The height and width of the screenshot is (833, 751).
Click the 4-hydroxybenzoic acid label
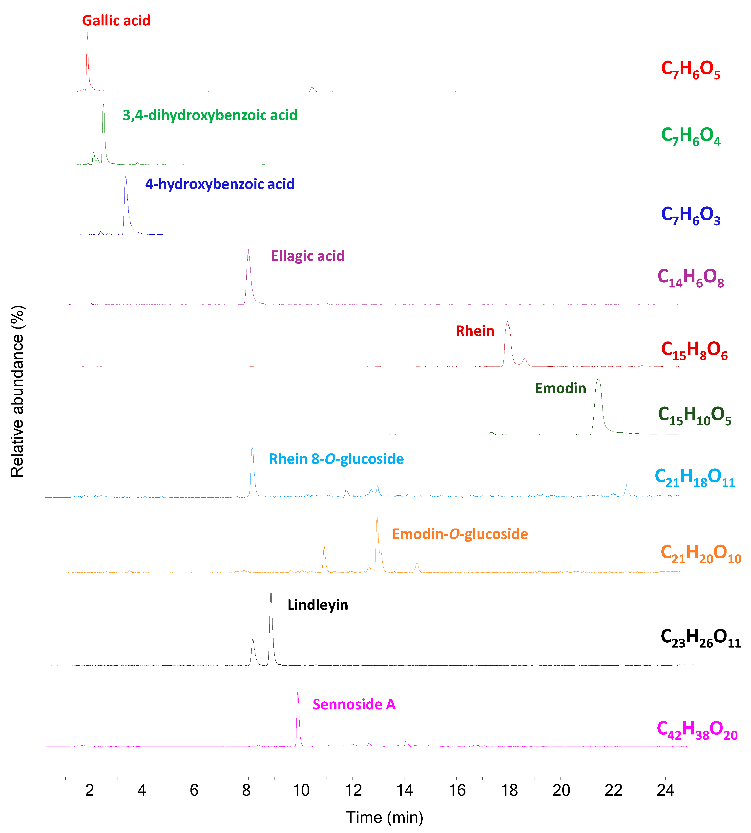tap(220, 184)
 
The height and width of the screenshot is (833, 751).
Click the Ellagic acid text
tap(307, 256)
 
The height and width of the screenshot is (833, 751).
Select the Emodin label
tap(560, 388)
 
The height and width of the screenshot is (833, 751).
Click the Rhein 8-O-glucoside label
tap(336, 459)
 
